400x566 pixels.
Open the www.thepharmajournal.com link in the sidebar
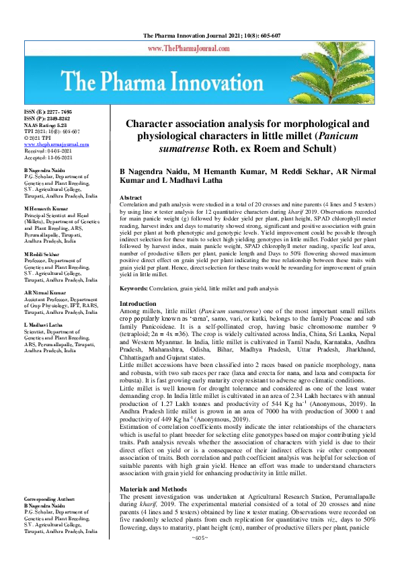tap(56, 145)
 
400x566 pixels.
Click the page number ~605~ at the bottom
tap(200, 557)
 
